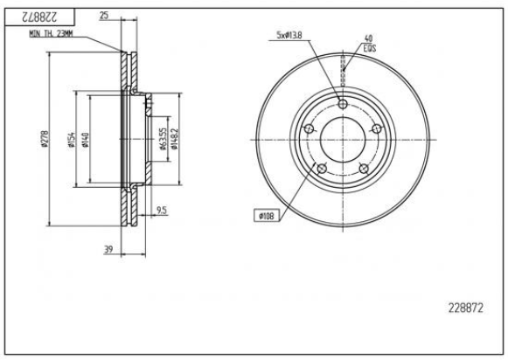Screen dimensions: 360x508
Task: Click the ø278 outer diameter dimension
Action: pyautogui.click(x=43, y=141)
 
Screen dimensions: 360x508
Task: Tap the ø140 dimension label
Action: pyautogui.click(x=85, y=141)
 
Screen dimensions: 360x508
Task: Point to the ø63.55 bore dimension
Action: pyautogui.click(x=163, y=139)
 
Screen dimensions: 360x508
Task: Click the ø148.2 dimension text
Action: pyautogui.click(x=175, y=139)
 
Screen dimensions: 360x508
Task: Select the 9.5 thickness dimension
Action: pyautogui.click(x=162, y=211)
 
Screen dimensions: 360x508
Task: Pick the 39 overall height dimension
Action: pyautogui.click(x=109, y=250)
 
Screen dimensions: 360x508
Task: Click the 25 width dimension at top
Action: pyautogui.click(x=104, y=16)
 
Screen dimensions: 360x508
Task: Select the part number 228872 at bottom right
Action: pyautogui.click(x=464, y=307)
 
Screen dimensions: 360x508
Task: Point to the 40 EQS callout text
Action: pyautogui.click(x=369, y=43)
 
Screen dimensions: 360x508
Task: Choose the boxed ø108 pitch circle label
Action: pyautogui.click(x=267, y=214)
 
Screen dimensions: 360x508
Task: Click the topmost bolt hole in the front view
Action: pyautogui.click(x=342, y=106)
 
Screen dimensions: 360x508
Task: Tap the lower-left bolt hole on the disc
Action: pyautogui.click(x=320, y=168)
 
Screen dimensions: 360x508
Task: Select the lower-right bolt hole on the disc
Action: pyautogui.click(x=363, y=168)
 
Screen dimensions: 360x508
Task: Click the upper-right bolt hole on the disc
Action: pyautogui.click(x=376, y=129)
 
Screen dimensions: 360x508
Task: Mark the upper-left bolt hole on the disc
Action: pyautogui.click(x=308, y=129)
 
